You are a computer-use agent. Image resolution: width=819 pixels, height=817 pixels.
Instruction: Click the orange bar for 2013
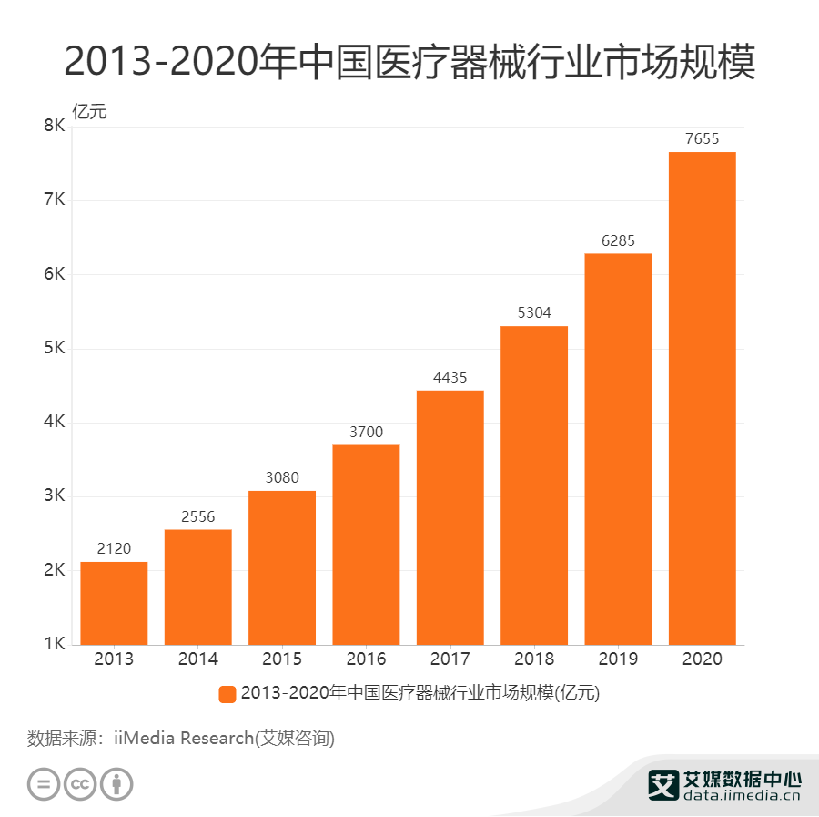click(x=114, y=603)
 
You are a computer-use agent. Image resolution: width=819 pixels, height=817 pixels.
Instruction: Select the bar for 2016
click(x=366, y=545)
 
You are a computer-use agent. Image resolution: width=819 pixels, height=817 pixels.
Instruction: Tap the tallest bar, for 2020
click(x=702, y=398)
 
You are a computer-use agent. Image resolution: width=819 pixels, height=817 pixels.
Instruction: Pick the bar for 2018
click(x=534, y=485)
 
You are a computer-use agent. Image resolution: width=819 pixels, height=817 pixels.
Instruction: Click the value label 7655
click(x=702, y=139)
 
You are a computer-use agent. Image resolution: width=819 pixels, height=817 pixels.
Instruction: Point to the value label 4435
click(x=450, y=377)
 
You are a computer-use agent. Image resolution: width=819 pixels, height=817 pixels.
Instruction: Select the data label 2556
click(x=197, y=516)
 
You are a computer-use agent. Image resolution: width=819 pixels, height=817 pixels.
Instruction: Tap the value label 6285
click(x=618, y=240)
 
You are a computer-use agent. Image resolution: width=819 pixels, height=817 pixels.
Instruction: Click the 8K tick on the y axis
click(x=54, y=127)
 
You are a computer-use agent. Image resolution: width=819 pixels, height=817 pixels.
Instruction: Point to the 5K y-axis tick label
click(x=54, y=349)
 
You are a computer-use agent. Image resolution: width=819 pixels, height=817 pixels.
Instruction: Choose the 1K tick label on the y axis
click(x=54, y=645)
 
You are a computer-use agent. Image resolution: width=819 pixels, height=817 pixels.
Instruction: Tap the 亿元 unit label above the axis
click(x=89, y=112)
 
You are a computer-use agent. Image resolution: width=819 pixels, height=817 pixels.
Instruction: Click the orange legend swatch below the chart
click(x=227, y=694)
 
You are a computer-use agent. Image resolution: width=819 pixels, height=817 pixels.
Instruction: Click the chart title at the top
click(x=409, y=62)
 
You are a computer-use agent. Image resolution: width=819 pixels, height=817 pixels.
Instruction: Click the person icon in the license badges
click(x=116, y=783)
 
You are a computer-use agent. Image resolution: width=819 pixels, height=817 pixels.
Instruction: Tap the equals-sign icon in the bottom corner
click(x=43, y=783)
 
